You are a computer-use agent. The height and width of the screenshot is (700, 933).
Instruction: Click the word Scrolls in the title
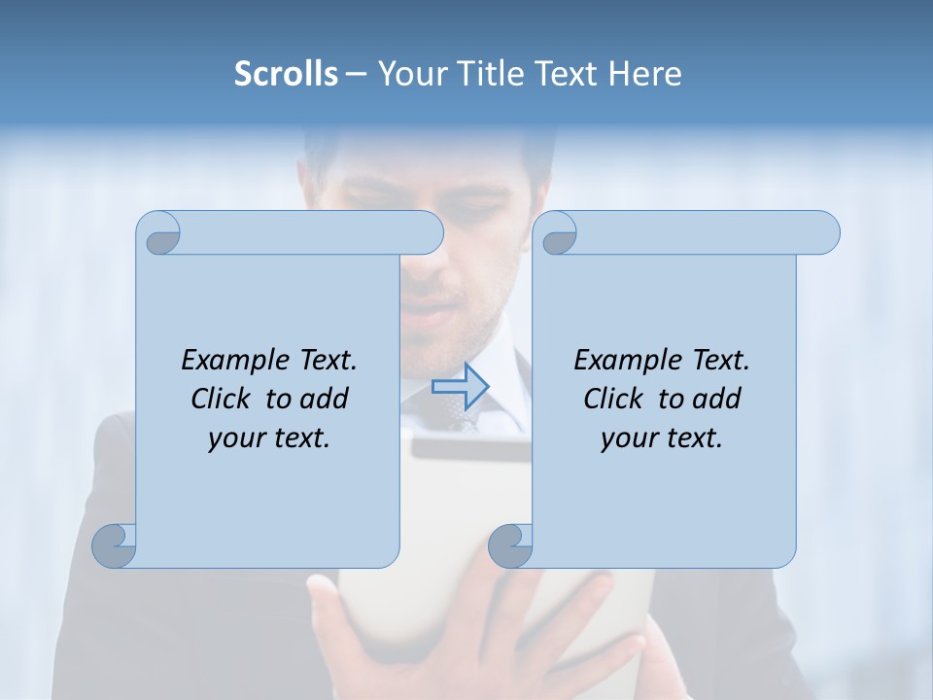pos(286,74)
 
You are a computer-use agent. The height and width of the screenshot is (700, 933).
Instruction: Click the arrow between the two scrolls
pos(460,386)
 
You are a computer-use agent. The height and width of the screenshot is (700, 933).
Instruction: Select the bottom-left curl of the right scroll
pos(511,545)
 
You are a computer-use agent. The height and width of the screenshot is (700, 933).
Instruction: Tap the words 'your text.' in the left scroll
pos(269,438)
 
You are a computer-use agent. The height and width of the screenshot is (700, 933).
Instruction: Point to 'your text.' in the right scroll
pos(662,438)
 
